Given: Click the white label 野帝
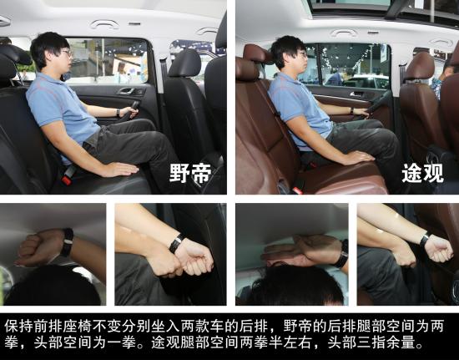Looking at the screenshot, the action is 190,173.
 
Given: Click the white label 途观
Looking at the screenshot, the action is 423,173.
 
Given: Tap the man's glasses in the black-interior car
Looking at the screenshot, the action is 68,53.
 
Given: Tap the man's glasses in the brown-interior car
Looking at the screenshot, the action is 303,54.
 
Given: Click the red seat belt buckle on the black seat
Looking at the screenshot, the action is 67,180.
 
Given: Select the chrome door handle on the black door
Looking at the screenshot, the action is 127,90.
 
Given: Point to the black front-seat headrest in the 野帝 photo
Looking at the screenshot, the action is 184,63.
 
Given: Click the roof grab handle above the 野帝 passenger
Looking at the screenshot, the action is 105,24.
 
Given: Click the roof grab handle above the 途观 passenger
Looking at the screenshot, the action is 345,33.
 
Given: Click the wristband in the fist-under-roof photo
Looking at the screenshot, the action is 68,242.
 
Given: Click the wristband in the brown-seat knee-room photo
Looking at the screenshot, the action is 425,240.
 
